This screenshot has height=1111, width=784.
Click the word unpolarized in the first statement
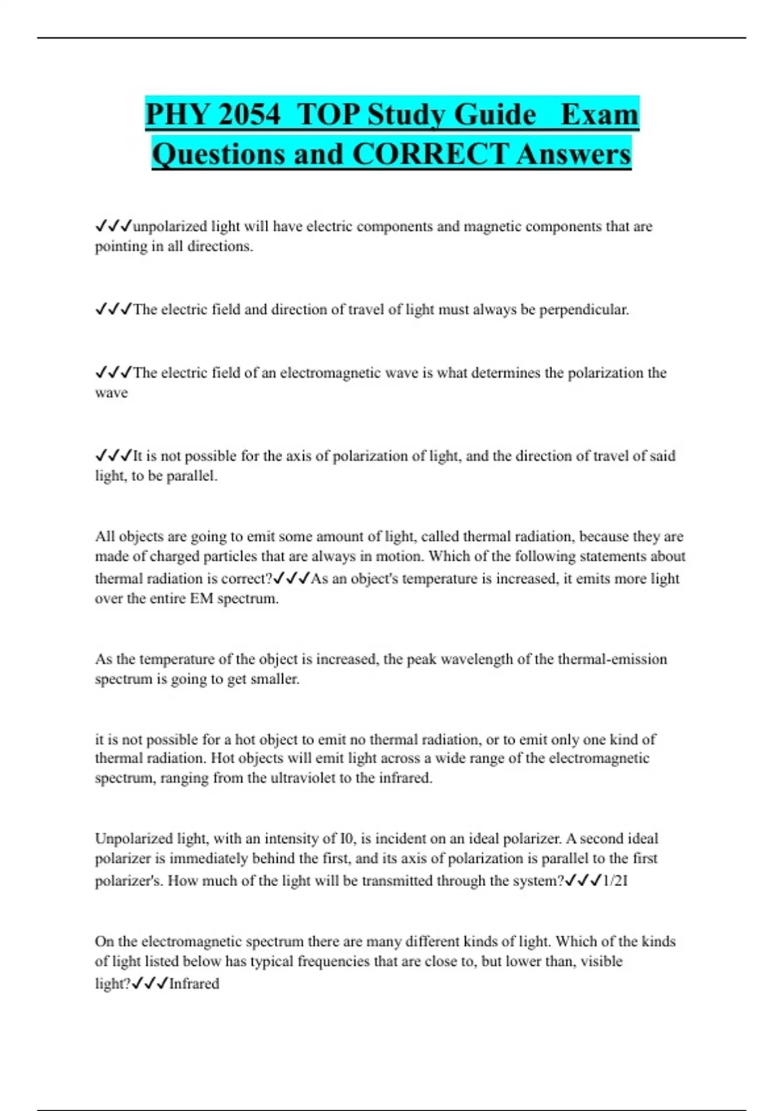tap(170, 227)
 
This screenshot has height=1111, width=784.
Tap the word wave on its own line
tap(111, 393)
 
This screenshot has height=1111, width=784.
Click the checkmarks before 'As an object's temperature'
tap(291, 578)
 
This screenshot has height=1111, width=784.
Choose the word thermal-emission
tap(612, 659)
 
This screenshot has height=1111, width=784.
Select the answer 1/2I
tap(615, 881)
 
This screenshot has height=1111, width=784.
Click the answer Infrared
tap(194, 984)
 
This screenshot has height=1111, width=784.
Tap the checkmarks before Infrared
tap(150, 984)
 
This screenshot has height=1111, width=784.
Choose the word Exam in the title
tap(599, 115)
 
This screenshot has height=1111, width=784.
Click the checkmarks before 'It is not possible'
tap(114, 456)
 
